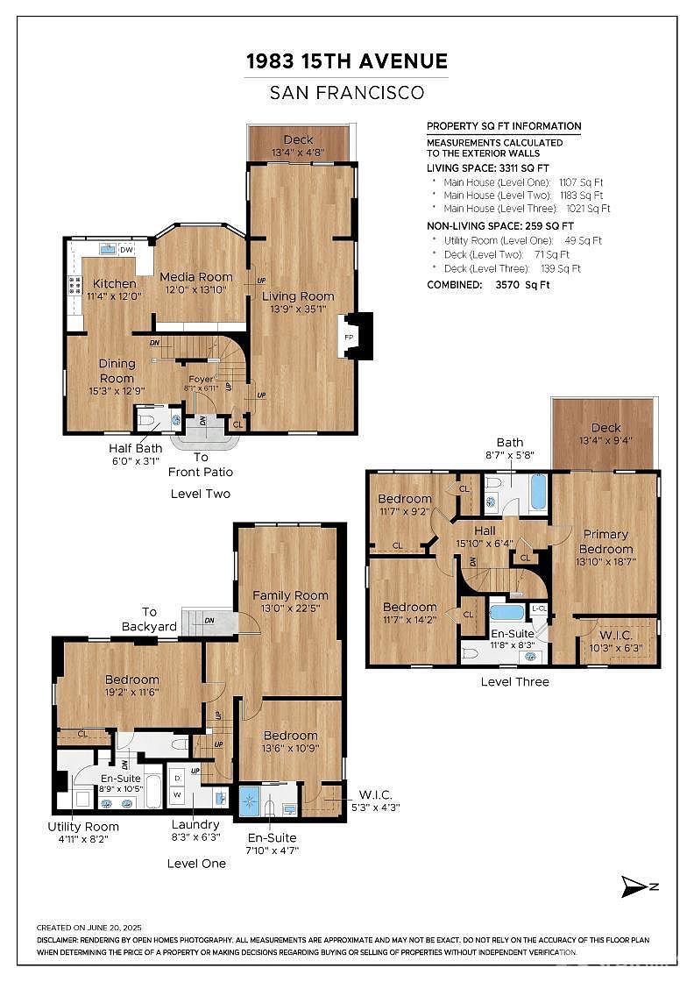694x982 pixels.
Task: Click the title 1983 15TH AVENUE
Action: [x=347, y=60]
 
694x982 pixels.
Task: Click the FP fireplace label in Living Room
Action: [x=348, y=337]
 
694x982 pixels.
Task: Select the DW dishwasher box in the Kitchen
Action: [x=126, y=250]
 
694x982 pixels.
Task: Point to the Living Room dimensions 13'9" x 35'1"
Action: [x=298, y=309]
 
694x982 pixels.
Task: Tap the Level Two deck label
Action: [x=298, y=140]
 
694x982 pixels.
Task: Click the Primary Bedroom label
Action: [x=605, y=541]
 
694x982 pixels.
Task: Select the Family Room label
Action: [x=290, y=595]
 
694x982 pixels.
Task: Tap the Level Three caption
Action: [x=514, y=681]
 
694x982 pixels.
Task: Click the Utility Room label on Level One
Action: [x=83, y=826]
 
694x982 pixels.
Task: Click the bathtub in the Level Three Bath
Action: [x=537, y=492]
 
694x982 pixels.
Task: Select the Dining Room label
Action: [x=117, y=370]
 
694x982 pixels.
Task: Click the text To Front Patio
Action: [x=201, y=464]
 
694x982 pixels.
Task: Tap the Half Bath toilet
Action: [x=148, y=420]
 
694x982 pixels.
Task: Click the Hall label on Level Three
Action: [x=485, y=530]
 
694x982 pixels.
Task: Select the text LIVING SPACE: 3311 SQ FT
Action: [x=488, y=167]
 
